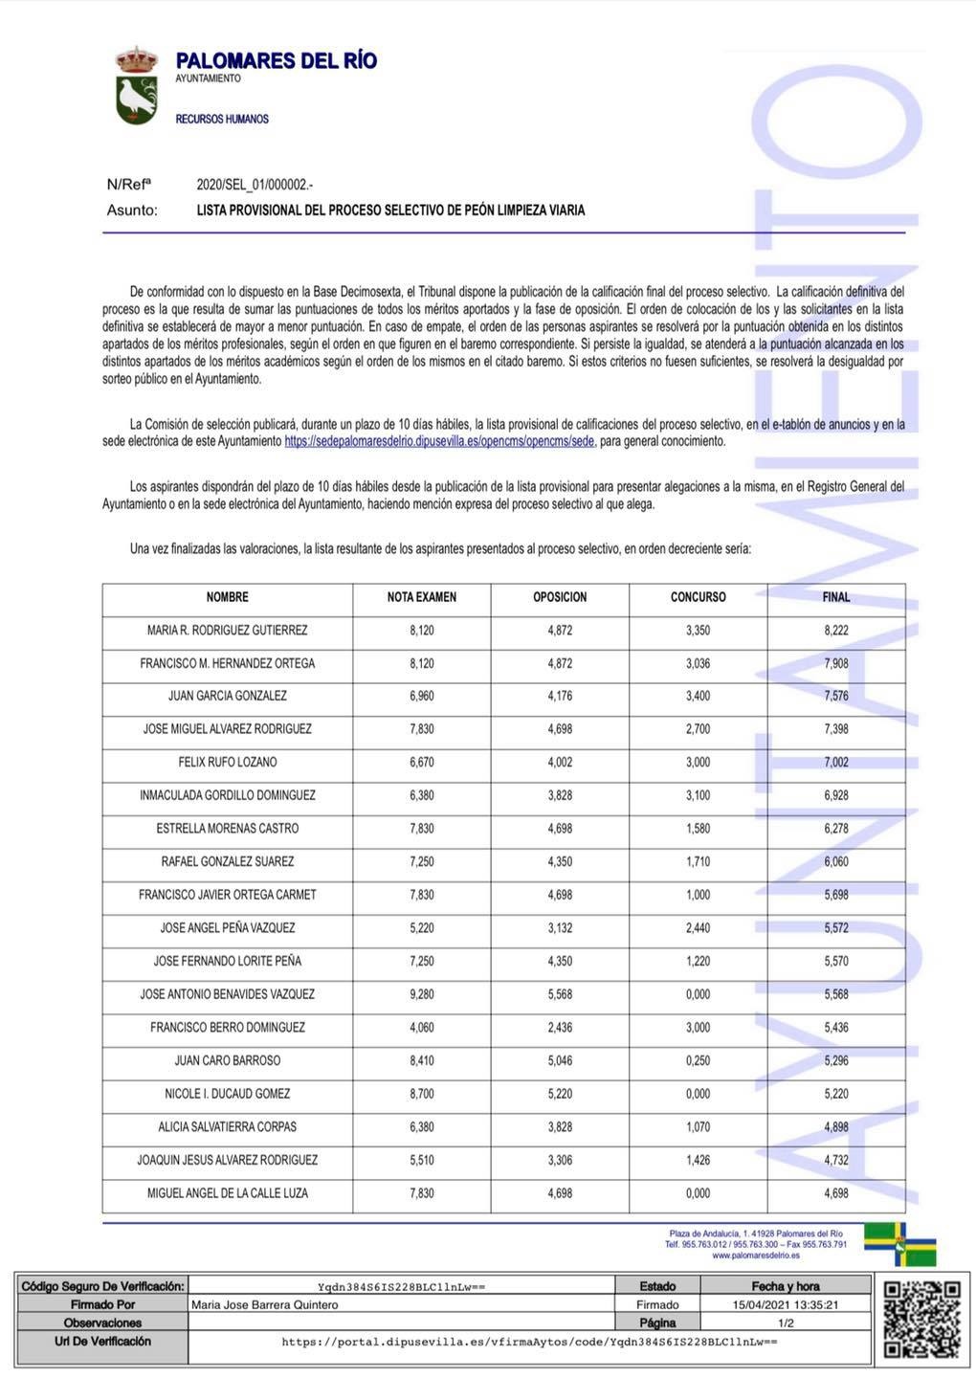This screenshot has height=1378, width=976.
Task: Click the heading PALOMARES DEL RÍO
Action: [277, 61]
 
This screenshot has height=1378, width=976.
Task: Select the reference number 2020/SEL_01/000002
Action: [255, 185]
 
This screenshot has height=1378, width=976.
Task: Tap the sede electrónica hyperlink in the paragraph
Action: [439, 441]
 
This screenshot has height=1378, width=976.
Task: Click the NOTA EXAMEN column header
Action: [422, 597]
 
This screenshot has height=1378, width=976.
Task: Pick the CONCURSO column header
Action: [698, 597]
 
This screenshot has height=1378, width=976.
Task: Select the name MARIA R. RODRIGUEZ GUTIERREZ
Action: [228, 631]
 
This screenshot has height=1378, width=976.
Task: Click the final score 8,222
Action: [835, 631]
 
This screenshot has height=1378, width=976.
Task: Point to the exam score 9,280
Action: [422, 994]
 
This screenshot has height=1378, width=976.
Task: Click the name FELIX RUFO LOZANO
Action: [228, 763]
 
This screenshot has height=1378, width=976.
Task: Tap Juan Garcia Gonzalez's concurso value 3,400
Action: [698, 697]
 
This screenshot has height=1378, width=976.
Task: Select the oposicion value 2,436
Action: [560, 1028]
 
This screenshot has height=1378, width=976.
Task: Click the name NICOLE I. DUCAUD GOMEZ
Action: [228, 1094]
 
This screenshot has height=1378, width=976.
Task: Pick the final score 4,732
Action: [835, 1160]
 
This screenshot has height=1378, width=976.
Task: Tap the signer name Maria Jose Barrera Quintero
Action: [265, 1304]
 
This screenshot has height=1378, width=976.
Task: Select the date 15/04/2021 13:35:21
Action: [786, 1304]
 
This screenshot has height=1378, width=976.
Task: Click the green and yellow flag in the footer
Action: [900, 1243]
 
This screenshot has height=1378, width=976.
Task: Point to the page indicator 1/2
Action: [786, 1322]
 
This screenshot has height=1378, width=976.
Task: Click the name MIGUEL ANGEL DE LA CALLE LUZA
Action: [228, 1193]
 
